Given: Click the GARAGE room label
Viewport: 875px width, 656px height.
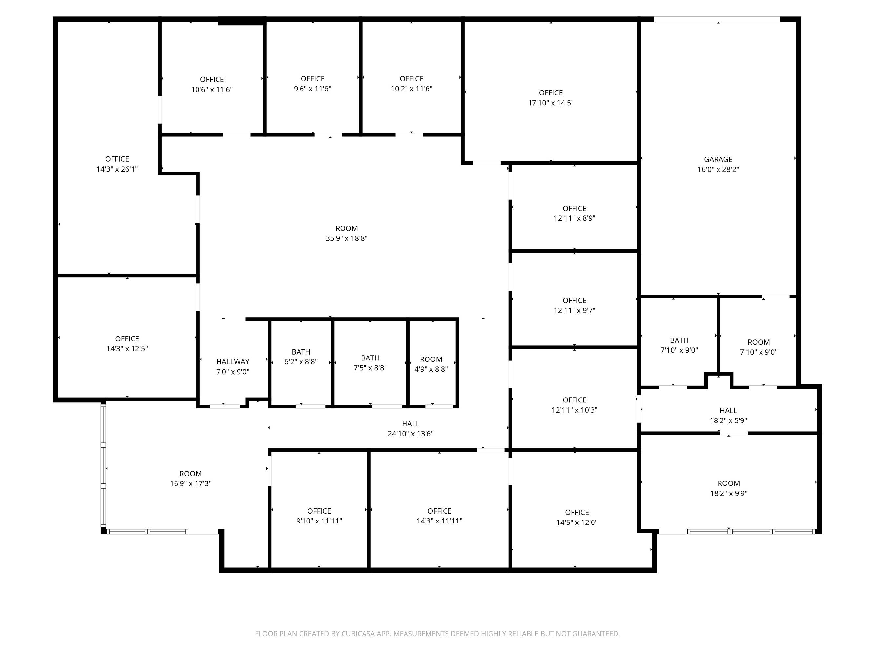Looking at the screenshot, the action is point(718,159).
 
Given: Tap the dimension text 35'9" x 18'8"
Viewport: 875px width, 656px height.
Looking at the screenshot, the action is point(346,238).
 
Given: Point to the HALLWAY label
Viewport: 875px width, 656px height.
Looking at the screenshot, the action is point(233,361).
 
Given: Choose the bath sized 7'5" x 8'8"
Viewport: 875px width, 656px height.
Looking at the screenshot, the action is point(370,362).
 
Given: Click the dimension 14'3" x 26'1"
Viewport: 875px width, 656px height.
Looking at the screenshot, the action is point(117,169).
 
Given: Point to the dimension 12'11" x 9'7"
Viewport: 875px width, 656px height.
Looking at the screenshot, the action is point(574,310).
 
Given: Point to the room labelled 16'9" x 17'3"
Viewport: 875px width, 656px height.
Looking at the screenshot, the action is point(191,479).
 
